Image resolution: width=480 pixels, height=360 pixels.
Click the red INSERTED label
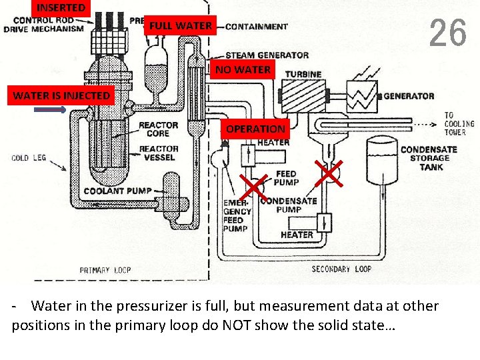pos(61,8)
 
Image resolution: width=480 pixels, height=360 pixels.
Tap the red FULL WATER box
pos(181,26)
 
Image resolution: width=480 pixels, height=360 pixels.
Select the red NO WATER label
pos(243,69)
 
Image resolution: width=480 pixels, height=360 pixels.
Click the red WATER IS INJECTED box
pos(61,95)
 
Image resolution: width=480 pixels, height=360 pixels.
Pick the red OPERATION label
pos(255,129)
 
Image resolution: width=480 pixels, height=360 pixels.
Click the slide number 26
pos(447,33)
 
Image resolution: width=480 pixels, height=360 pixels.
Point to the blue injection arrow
pos(49,111)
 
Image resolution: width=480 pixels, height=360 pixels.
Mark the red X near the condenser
pos(329,173)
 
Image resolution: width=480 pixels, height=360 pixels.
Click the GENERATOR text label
pos(409,96)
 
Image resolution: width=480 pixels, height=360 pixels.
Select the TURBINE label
pos(303,74)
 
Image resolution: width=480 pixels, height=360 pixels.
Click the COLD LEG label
pos(29,158)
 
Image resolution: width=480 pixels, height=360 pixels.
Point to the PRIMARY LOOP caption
pos(105,270)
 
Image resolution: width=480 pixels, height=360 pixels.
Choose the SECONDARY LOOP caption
pos(341,269)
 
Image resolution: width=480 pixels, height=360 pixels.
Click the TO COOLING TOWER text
pos(459,123)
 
